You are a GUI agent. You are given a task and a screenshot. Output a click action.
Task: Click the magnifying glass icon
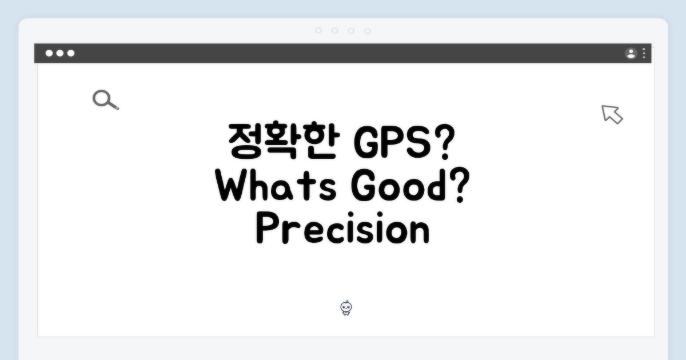coord(105,100)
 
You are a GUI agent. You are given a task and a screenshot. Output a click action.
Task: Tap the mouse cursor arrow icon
coord(612,114)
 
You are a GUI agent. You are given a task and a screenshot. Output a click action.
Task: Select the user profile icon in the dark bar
coord(631,54)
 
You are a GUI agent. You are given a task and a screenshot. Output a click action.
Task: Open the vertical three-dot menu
coord(644,54)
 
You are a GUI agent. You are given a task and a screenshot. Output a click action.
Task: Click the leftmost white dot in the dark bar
coord(49,54)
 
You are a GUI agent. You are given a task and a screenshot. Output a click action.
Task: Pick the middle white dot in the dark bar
coord(60,54)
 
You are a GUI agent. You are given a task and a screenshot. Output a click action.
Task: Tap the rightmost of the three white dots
coord(71,54)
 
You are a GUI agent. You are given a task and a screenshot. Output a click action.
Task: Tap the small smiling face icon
coord(346,309)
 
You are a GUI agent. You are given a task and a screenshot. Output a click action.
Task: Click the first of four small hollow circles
coord(318,31)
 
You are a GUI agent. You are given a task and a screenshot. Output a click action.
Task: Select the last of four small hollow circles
coord(368,31)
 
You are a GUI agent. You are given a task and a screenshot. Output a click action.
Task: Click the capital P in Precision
coord(266,230)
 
